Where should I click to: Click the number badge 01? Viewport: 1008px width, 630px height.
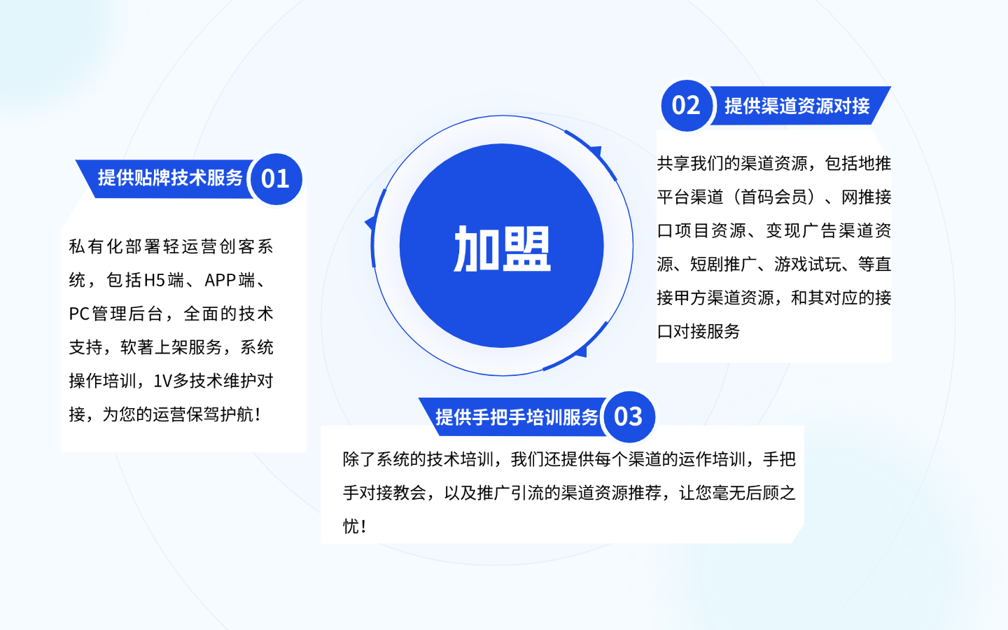click(276, 179)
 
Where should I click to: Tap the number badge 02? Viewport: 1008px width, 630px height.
click(686, 106)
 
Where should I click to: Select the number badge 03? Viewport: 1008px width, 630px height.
click(629, 416)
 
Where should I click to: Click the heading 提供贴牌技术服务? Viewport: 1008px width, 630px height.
click(170, 178)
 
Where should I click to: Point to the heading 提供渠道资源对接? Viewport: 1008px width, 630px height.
click(797, 106)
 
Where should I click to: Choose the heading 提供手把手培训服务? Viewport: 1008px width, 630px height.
click(517, 418)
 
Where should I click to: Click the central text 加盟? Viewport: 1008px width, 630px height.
click(502, 248)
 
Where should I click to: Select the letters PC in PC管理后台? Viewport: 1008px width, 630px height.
click(79, 314)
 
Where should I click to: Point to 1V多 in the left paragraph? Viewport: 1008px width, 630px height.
click(171, 381)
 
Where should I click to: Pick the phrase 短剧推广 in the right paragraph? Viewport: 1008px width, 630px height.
click(724, 264)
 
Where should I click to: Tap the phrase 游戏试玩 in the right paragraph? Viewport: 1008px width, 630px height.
click(808, 264)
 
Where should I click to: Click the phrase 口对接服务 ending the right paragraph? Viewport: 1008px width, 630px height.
click(699, 332)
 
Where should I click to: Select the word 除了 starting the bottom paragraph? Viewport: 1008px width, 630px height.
click(359, 459)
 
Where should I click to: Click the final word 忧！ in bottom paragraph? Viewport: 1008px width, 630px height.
click(355, 526)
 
